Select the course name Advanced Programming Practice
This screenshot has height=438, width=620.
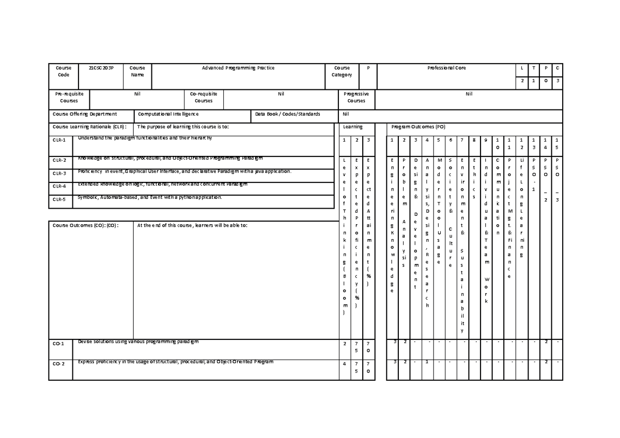(238, 68)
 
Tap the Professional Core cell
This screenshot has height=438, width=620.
(447, 68)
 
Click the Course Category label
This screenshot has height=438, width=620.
(342, 71)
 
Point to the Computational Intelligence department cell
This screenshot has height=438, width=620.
(166, 114)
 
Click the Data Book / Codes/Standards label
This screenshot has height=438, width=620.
(288, 114)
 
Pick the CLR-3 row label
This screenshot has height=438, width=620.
(60, 174)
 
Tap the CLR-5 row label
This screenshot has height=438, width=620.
(60, 199)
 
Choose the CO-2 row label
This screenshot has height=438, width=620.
(59, 364)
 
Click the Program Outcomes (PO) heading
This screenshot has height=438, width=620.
(418, 127)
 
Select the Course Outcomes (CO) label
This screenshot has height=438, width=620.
(86, 225)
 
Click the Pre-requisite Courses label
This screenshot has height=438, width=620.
(69, 98)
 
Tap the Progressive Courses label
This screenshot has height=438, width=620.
(356, 98)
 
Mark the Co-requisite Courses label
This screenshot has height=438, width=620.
(204, 98)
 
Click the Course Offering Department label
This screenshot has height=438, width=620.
(85, 114)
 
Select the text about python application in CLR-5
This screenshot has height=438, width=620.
(150, 197)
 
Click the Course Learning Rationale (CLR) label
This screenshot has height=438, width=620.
(89, 127)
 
